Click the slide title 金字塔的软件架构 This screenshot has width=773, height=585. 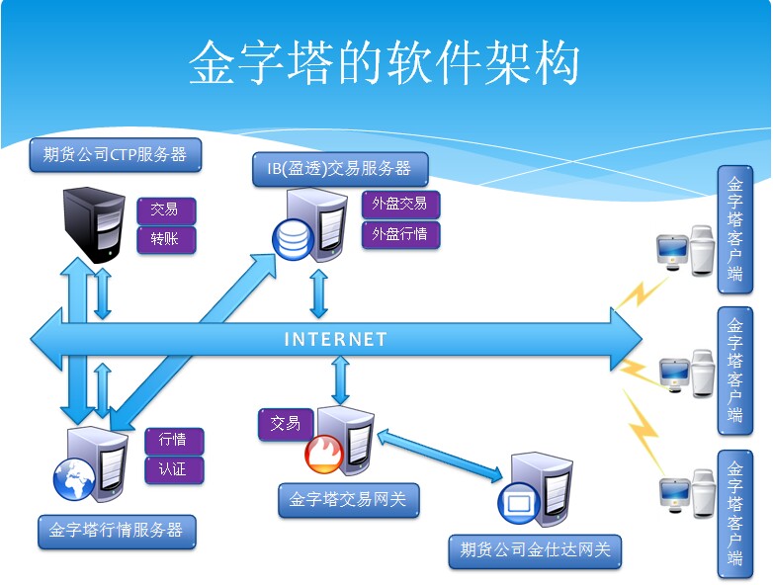(x=385, y=64)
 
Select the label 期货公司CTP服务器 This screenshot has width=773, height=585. (x=115, y=154)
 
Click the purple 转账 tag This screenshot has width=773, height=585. (x=165, y=239)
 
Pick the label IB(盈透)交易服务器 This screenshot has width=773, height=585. (x=339, y=168)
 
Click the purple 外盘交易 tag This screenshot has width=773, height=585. (x=399, y=204)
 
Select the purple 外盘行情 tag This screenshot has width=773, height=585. (x=399, y=234)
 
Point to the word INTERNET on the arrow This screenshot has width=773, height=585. (x=336, y=339)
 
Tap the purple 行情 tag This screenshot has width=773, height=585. (x=173, y=440)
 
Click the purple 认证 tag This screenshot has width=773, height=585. (x=173, y=469)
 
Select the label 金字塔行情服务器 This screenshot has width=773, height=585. (x=116, y=531)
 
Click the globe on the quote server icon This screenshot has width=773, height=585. (x=72, y=478)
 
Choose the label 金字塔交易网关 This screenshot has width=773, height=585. (x=348, y=500)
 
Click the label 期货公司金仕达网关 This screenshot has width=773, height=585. (x=535, y=550)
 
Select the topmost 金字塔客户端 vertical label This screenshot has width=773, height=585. (x=734, y=229)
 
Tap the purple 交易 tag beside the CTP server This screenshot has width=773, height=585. (x=165, y=209)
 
